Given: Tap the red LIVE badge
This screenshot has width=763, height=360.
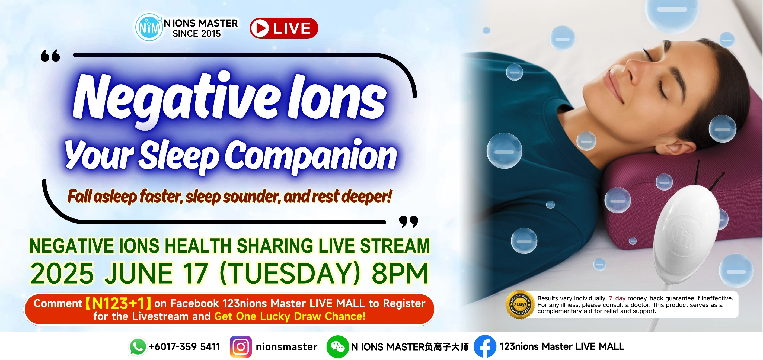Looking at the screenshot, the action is point(284,28).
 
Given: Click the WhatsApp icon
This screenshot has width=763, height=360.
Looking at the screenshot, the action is point(138,346).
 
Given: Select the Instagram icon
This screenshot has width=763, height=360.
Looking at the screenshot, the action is point(241,347).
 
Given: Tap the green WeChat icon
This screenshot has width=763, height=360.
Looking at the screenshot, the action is point(337,347).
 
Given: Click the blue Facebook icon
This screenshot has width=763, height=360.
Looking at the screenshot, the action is point(485,346).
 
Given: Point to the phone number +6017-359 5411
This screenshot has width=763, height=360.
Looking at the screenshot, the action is point(184,347).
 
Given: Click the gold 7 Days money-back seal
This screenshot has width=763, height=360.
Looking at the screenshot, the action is point(520,305).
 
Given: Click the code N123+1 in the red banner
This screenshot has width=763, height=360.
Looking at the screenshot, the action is point(118,303).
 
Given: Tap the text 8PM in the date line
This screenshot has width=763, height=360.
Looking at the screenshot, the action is point(400,273).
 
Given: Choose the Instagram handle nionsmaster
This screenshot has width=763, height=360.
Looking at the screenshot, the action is point(286,347).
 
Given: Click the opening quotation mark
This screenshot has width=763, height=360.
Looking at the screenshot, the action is point(50,56).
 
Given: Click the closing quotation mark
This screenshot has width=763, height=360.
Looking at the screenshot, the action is point(408,221).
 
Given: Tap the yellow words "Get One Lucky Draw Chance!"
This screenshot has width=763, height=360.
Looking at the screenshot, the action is point(290,316).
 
